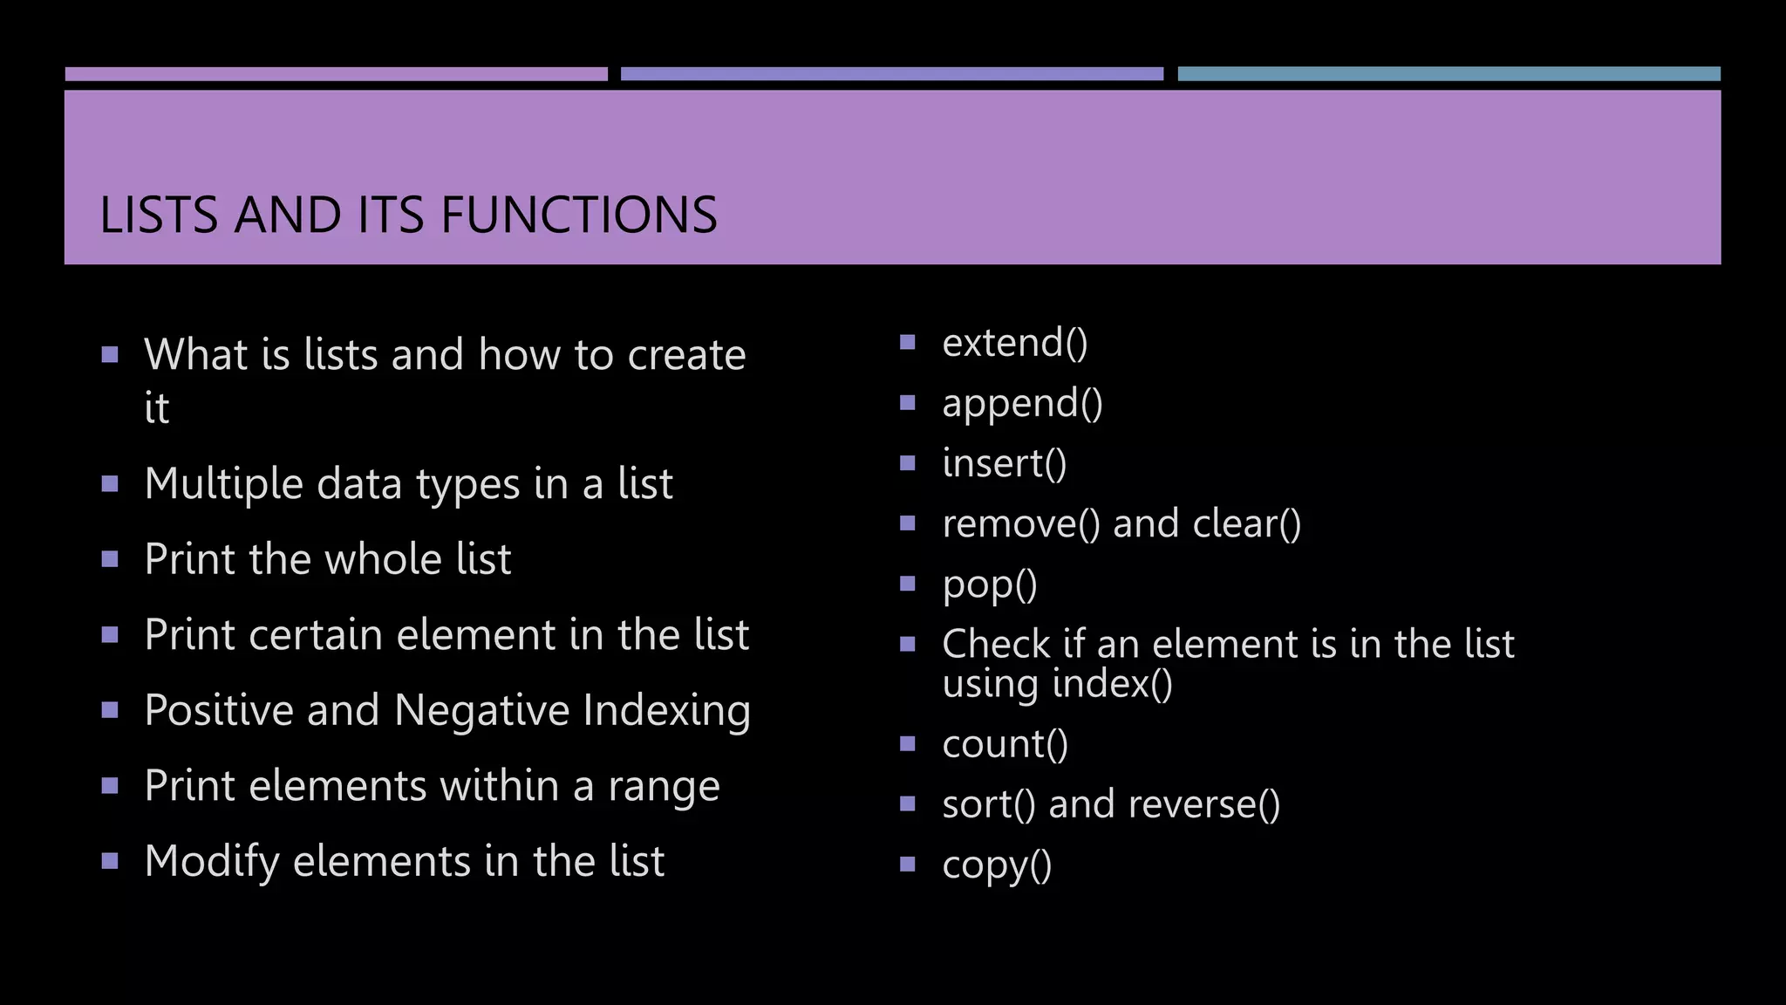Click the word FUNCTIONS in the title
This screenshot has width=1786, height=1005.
tap(579, 215)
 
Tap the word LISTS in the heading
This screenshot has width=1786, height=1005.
tap(159, 215)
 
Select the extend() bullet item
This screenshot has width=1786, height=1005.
tap(1015, 343)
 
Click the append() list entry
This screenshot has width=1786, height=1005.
tap(1022, 404)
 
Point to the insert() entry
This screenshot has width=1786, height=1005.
tap(1005, 463)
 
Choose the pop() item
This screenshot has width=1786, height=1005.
tap(990, 585)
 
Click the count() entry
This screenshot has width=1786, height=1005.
tap(1005, 744)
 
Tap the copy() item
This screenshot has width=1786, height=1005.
tap(997, 865)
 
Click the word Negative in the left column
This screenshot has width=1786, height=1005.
tap(482, 710)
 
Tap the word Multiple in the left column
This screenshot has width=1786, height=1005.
tap(223, 484)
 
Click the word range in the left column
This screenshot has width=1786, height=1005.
tap(664, 787)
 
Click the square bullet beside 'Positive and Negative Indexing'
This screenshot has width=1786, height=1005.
tap(110, 710)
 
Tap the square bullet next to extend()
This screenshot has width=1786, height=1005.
tap(907, 342)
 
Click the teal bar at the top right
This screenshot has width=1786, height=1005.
tap(1449, 74)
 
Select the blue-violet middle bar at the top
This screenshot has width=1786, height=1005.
tap(891, 74)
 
